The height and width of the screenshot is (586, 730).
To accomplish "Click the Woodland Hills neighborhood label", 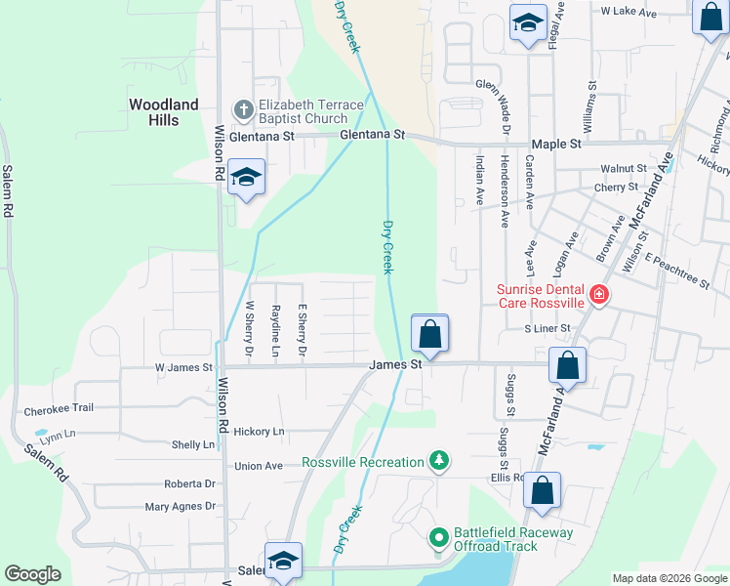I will (164, 111).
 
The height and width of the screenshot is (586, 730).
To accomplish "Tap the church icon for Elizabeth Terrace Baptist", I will (243, 108).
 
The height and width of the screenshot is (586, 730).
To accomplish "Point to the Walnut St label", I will (624, 169).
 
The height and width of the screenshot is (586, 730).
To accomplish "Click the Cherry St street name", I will (616, 187).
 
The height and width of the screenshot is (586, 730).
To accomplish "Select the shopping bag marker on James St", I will (429, 336).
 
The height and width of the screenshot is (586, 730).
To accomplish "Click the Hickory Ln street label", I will (259, 431).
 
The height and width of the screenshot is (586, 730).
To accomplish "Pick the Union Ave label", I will (259, 466).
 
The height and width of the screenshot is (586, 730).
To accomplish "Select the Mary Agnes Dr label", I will (180, 506).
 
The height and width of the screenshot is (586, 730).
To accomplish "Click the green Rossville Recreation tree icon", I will (440, 461).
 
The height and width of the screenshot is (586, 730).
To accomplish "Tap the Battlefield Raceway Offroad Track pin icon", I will (440, 537).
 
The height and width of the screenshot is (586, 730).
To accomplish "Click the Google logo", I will (33, 574).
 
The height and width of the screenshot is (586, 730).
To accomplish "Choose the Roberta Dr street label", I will (189, 483).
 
